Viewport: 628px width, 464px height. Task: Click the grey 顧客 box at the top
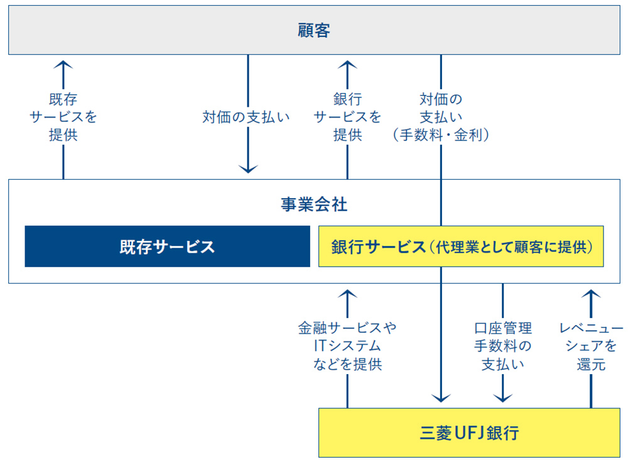(x=313, y=30)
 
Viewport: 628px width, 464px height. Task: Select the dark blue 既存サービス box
(x=167, y=246)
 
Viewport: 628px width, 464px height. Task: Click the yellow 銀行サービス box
(x=460, y=246)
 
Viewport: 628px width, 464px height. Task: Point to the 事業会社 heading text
(x=313, y=204)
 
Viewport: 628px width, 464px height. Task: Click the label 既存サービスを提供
(x=63, y=117)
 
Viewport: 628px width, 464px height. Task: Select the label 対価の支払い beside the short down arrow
(x=246, y=117)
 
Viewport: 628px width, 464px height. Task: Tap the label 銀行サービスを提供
(x=347, y=117)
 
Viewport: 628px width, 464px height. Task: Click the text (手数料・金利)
(x=440, y=135)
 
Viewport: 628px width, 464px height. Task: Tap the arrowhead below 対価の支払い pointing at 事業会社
(x=249, y=168)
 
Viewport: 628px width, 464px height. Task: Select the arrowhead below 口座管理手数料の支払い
(x=502, y=397)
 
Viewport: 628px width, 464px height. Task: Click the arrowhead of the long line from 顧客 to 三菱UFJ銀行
(x=441, y=397)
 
